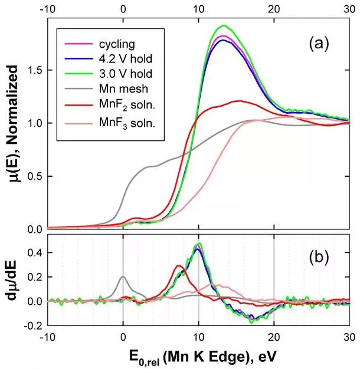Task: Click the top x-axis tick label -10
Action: pos(47,9)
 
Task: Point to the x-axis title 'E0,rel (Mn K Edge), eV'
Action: pos(198,356)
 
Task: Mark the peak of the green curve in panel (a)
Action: pos(223,26)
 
